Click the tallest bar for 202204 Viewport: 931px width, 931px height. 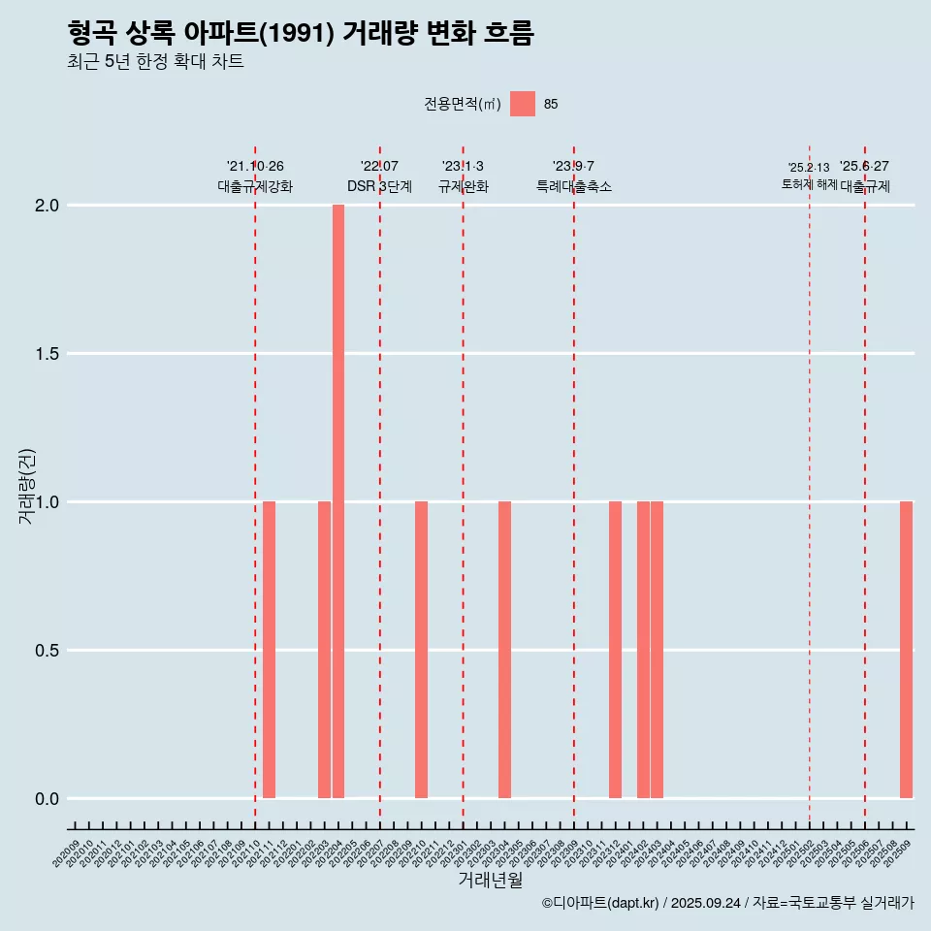(x=338, y=501)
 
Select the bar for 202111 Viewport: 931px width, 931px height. (x=269, y=650)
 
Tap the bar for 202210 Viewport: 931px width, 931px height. (x=421, y=650)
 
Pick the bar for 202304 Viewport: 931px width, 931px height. (x=504, y=650)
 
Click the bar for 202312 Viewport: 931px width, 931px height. (x=615, y=650)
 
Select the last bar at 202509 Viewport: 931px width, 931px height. (x=906, y=650)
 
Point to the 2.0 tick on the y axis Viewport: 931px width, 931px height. (x=48, y=206)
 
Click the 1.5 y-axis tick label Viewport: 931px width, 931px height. (x=48, y=354)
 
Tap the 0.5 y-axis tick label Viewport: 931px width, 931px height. (x=48, y=651)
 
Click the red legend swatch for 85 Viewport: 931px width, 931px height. (x=523, y=104)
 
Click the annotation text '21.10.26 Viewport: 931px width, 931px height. (x=255, y=167)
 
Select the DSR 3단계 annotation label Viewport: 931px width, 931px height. (x=380, y=186)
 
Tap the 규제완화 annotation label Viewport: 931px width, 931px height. (x=463, y=186)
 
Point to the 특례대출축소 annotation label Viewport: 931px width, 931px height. (x=574, y=186)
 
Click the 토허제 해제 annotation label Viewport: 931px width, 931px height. (x=809, y=184)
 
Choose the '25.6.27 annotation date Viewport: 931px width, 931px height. (x=864, y=167)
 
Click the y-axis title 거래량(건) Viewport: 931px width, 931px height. (x=27, y=485)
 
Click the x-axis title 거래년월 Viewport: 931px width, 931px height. (x=490, y=881)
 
